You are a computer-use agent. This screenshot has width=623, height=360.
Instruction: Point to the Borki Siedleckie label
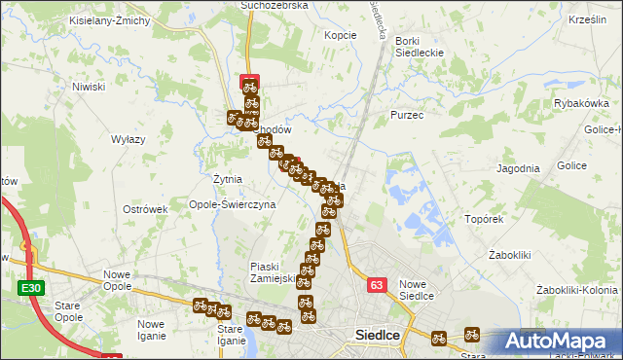pos(419,47)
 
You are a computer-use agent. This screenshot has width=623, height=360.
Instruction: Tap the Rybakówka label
pos(581,103)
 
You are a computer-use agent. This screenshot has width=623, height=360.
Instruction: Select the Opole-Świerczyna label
pos(233,205)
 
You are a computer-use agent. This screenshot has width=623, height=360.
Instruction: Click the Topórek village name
pos(483,219)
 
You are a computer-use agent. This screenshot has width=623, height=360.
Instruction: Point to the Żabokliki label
pos(508,255)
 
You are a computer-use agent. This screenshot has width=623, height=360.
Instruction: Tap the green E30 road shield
pos(30,288)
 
